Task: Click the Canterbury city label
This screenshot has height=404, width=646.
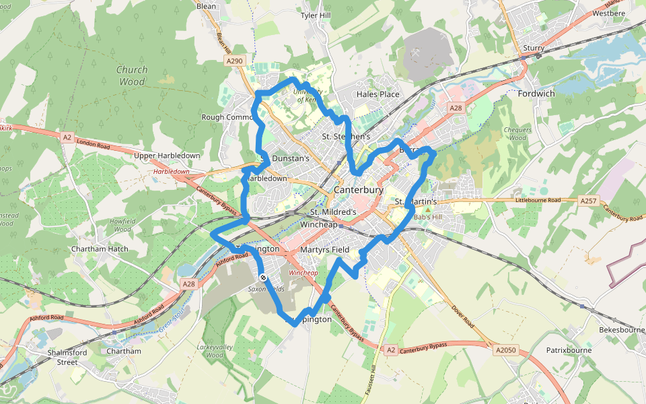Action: (x=358, y=191)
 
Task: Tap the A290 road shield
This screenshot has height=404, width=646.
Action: (x=234, y=61)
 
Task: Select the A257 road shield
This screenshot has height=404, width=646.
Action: (x=588, y=201)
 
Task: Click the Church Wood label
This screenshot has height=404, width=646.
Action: (x=131, y=75)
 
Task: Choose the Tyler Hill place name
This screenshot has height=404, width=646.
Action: (x=316, y=15)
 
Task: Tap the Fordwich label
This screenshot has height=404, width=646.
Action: (x=536, y=94)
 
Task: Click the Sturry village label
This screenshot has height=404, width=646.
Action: (x=533, y=48)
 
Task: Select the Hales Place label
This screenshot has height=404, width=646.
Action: (x=378, y=94)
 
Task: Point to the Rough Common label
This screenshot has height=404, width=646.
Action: (x=227, y=117)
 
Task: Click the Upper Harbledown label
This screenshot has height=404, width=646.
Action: (x=168, y=156)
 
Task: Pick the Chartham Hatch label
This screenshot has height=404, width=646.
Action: (x=100, y=248)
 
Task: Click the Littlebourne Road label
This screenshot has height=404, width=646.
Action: (x=538, y=201)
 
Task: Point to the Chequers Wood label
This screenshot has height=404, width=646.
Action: (x=517, y=134)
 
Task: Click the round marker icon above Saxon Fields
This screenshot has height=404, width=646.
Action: (x=263, y=277)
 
